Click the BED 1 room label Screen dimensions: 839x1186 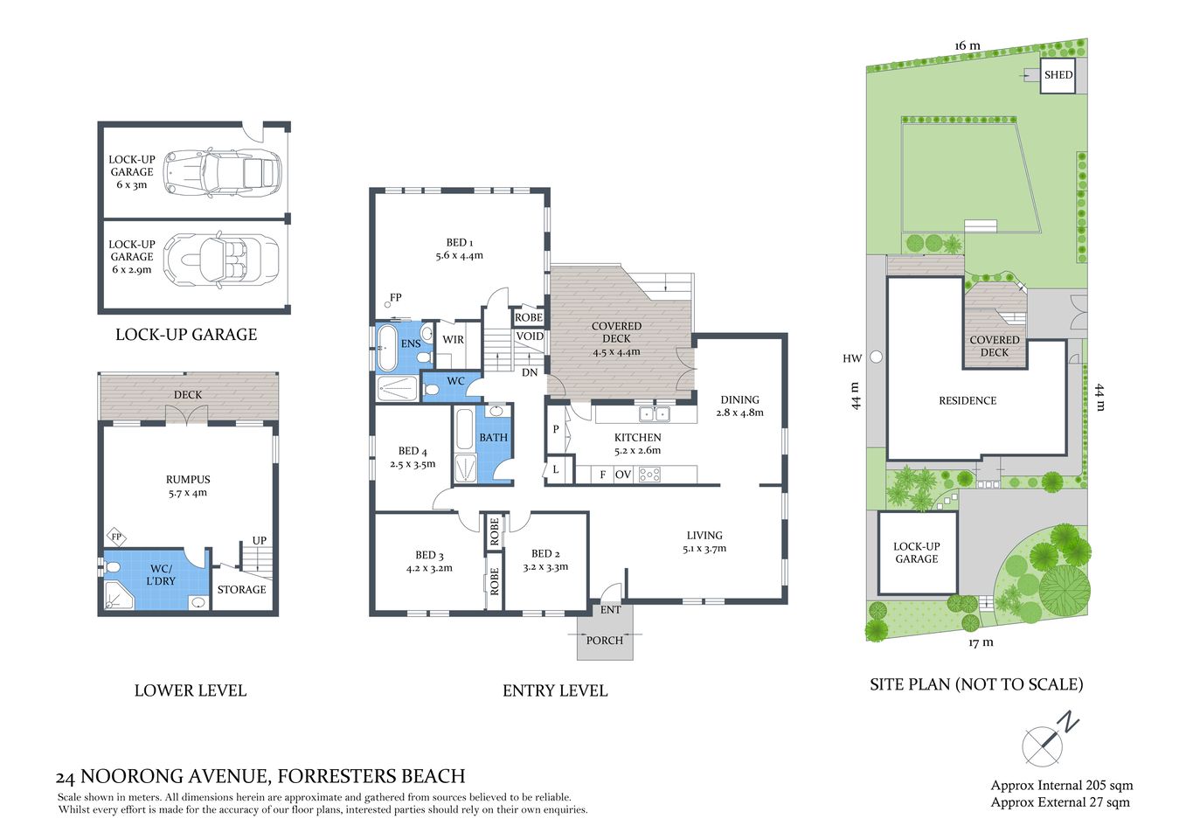pyautogui.click(x=459, y=249)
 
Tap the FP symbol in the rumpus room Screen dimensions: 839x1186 pyautogui.click(x=115, y=537)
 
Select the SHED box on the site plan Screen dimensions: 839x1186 pyautogui.click(x=1058, y=75)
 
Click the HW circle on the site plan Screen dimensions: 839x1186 pyautogui.click(x=877, y=357)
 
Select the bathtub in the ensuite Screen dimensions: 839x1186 pyautogui.click(x=386, y=347)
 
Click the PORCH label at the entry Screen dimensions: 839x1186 pyautogui.click(x=605, y=641)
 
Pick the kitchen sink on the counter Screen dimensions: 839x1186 pyautogui.click(x=653, y=414)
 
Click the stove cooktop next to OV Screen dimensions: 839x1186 pyautogui.click(x=649, y=475)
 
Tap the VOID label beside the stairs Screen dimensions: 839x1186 pyautogui.click(x=530, y=336)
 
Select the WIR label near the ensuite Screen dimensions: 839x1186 pyautogui.click(x=453, y=340)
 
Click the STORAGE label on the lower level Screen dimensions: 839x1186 pyautogui.click(x=241, y=590)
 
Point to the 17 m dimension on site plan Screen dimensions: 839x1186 pyautogui.click(x=981, y=642)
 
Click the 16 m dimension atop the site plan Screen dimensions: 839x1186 pyautogui.click(x=968, y=45)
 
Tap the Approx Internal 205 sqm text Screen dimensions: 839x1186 pyautogui.click(x=1061, y=786)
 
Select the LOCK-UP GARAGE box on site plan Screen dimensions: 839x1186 pyautogui.click(x=917, y=552)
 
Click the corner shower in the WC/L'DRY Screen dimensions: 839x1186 pyautogui.click(x=117, y=597)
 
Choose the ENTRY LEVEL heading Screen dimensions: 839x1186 pyautogui.click(x=555, y=690)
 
